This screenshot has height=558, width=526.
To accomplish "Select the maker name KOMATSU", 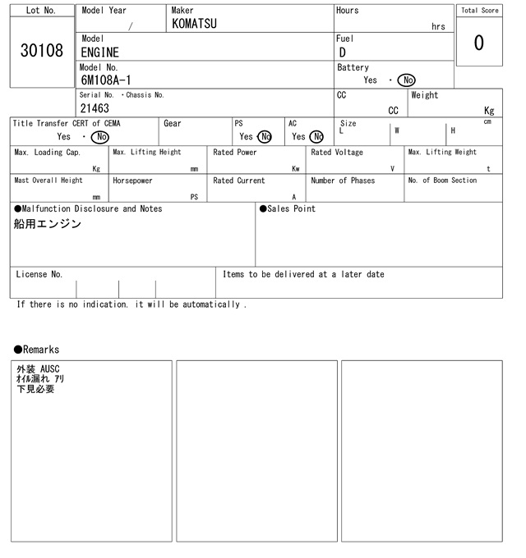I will [194, 24].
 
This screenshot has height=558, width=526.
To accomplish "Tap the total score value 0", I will [478, 43].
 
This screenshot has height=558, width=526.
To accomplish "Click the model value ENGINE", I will [99, 53].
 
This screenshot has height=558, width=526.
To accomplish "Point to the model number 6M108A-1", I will [105, 80].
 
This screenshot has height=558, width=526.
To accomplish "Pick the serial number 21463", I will [95, 108].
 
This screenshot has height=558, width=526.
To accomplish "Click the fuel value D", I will [342, 53].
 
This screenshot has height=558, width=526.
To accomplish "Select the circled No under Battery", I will [406, 80].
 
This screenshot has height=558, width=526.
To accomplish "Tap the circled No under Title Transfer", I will [99, 137].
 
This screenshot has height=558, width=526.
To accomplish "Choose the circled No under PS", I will [264, 137].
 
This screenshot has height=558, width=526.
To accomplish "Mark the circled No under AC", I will [316, 137].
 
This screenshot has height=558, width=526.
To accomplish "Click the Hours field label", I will [347, 11].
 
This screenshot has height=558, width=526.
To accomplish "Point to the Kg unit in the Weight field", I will [489, 110].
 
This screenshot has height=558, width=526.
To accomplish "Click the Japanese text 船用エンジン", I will [48, 224].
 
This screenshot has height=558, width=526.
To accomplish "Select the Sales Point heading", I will [288, 209].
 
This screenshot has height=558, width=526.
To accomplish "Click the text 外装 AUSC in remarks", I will [39, 369].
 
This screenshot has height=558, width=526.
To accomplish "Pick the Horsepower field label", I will [132, 181].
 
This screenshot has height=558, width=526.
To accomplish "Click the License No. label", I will [39, 275].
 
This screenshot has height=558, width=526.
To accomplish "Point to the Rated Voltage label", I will [337, 153].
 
